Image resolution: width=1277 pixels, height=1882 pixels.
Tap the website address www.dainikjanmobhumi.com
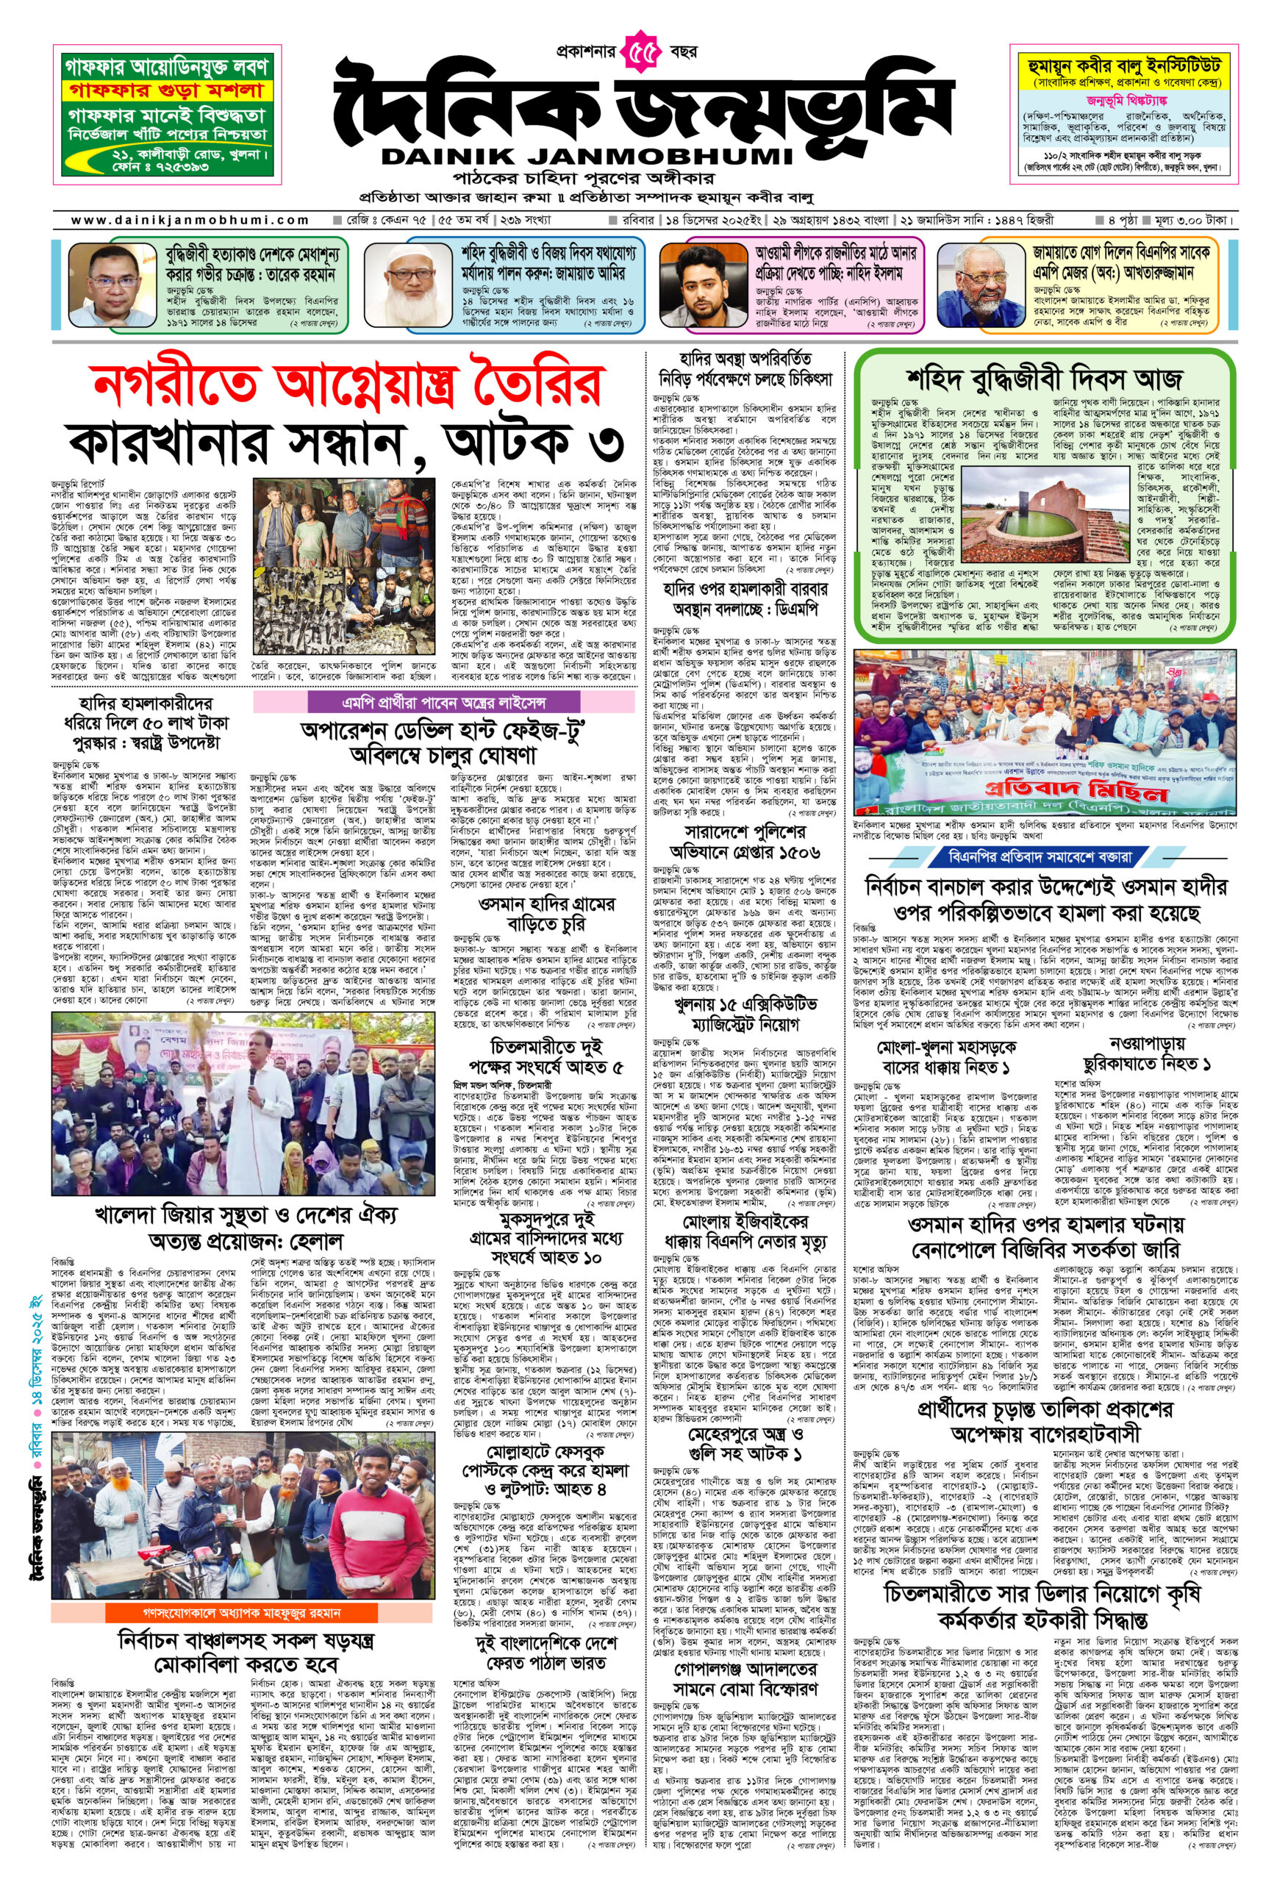pyautogui.click(x=190, y=220)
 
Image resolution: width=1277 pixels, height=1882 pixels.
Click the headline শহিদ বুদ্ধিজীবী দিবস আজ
pyautogui.click(x=1044, y=377)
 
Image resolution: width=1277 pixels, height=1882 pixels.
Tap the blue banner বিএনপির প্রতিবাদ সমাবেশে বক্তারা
pyautogui.click(x=1045, y=856)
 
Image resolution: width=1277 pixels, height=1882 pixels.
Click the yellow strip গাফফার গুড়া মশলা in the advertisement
pyautogui.click(x=168, y=90)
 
